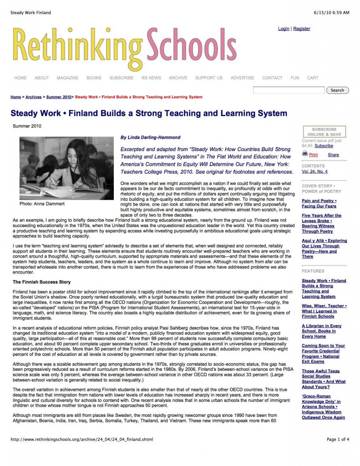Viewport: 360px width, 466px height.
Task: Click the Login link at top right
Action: coord(284,29)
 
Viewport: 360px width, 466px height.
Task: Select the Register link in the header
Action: coord(302,29)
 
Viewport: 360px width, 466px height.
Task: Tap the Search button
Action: coord(337,90)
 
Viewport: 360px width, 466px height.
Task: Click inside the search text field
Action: coord(289,90)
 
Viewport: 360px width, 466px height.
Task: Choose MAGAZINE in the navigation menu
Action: coord(67,78)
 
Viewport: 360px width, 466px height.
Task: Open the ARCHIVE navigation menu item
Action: coord(178,78)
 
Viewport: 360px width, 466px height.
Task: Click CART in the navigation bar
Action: coord(313,78)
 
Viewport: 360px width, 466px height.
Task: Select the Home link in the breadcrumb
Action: coord(15,97)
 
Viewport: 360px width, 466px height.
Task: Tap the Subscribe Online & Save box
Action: coord(324,132)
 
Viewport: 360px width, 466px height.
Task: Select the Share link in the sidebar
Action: coord(333,155)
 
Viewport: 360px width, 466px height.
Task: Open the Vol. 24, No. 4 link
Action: coord(314,172)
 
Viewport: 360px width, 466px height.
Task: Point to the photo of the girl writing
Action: coord(66,168)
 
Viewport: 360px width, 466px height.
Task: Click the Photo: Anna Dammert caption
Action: coord(42,203)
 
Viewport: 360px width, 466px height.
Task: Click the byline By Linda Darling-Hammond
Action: coord(150,137)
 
